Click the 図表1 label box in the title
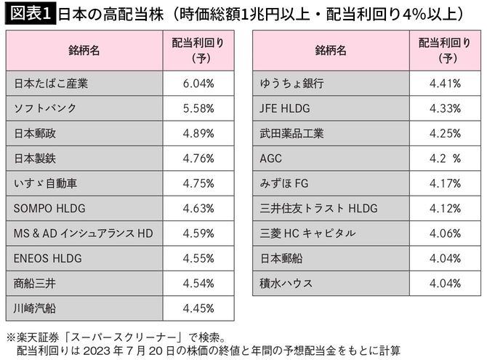coord(28,13)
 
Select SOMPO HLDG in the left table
coord(49,209)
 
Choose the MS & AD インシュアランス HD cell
coord(84,233)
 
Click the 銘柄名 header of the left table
coord(84,51)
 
